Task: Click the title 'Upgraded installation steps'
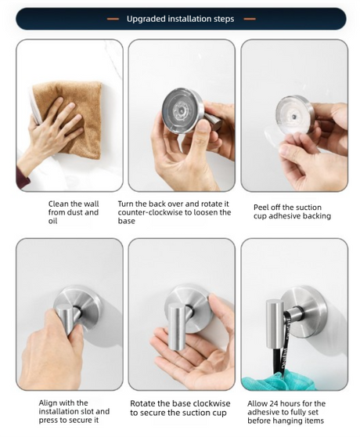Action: coord(180,19)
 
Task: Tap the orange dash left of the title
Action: coord(113,19)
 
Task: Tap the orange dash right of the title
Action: coord(250,19)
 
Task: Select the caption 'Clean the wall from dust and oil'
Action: coord(74,212)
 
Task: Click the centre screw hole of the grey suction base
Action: coord(182,110)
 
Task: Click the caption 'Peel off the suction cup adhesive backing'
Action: coord(292,211)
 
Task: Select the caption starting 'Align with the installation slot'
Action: coord(74,411)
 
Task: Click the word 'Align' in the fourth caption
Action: coord(48,403)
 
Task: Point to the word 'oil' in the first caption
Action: coord(52,221)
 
